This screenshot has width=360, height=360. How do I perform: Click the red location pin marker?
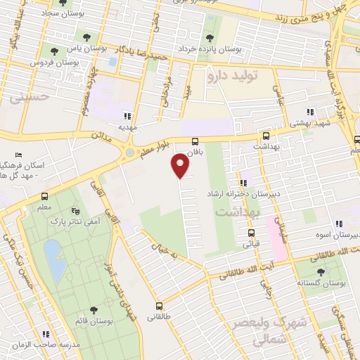(181, 166)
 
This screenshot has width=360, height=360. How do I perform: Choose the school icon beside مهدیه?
(127, 116)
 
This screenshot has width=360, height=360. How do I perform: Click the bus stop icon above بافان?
(195, 141)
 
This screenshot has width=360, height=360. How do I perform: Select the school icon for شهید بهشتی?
(309, 112)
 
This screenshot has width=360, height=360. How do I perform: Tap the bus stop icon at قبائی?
(251, 233)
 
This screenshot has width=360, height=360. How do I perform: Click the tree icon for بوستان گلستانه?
(321, 271)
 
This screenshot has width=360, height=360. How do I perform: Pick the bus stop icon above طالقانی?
(159, 306)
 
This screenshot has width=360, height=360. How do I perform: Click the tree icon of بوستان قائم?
(94, 310)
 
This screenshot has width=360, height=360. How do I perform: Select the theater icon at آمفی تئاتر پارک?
(77, 211)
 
